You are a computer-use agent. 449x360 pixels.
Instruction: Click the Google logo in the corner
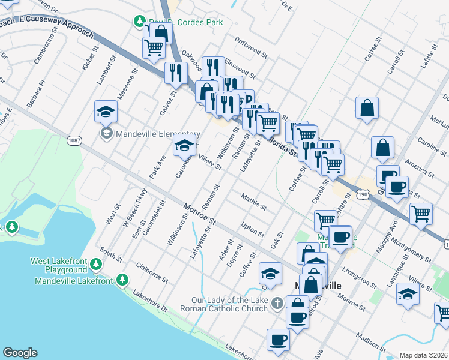click(x=20, y=353)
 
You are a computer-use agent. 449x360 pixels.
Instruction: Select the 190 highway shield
click(x=362, y=193)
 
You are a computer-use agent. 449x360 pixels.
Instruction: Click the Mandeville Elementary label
click(x=149, y=134)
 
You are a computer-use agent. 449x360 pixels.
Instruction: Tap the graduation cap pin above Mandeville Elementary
click(x=106, y=112)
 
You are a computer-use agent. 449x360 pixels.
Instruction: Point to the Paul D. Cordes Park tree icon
click(x=139, y=22)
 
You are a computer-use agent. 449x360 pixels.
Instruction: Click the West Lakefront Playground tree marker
click(x=96, y=263)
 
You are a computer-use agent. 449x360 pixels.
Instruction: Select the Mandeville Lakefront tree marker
click(x=122, y=280)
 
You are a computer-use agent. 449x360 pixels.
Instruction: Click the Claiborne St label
click(x=152, y=272)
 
